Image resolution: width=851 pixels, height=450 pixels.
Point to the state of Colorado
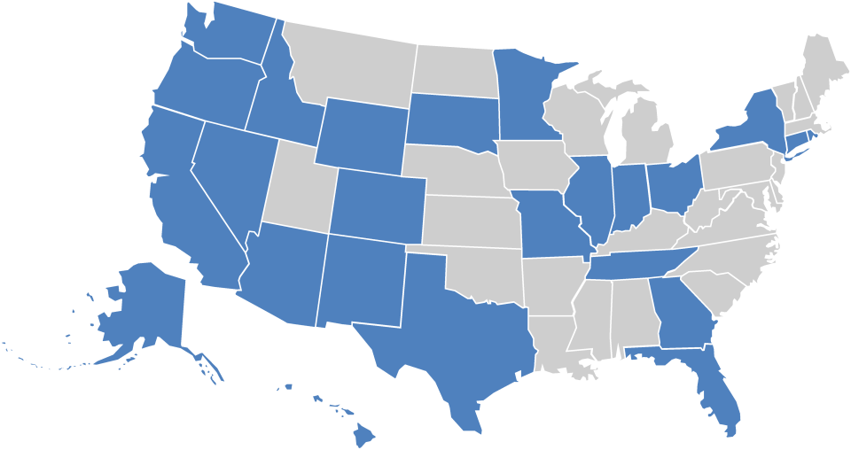pyautogui.click(x=377, y=204)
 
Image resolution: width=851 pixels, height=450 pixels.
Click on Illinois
pyautogui.click(x=588, y=195)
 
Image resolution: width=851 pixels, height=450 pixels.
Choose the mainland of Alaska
pyautogui.click(x=146, y=306)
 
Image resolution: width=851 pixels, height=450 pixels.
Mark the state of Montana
pyautogui.click(x=355, y=66)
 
